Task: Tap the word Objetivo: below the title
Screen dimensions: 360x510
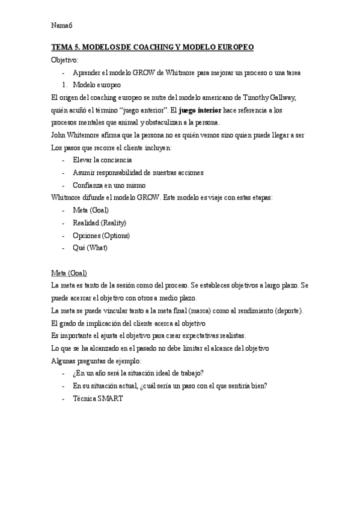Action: click(x=65, y=60)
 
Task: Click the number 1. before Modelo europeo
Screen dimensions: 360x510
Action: click(x=66, y=85)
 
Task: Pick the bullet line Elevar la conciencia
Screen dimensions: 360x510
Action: click(x=102, y=161)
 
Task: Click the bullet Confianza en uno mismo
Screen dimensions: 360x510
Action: click(x=109, y=185)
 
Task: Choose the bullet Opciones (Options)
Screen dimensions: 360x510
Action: click(x=101, y=235)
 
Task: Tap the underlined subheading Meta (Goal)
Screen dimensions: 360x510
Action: click(x=70, y=272)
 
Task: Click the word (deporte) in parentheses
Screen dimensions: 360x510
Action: click(x=290, y=310)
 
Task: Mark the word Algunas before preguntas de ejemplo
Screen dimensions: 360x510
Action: click(x=66, y=360)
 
